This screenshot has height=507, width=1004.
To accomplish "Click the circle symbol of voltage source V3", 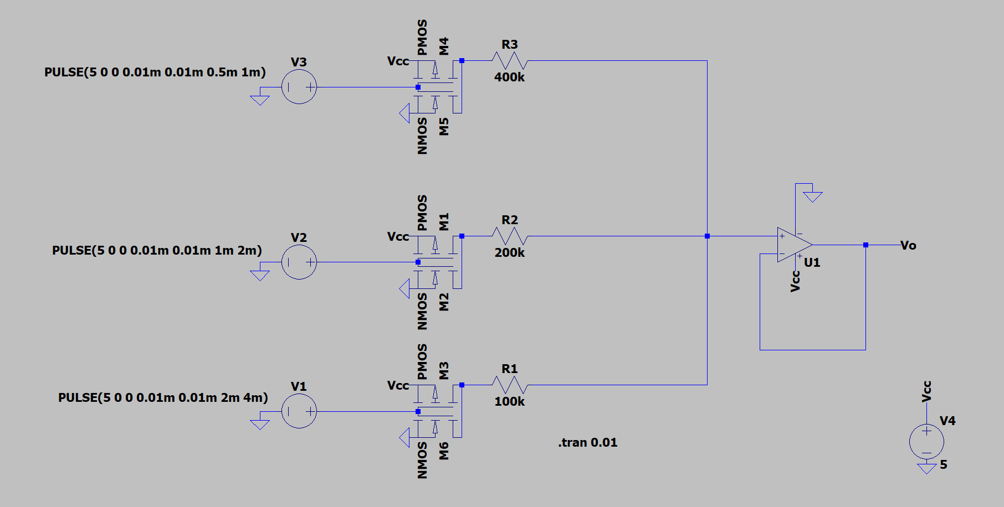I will point(299,87).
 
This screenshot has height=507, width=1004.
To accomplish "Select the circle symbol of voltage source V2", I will point(299,262).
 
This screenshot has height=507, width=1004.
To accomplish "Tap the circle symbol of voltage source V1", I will point(299,411).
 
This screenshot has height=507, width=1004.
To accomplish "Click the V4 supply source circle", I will point(926,441).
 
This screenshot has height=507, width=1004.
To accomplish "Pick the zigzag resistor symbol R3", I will point(509,60).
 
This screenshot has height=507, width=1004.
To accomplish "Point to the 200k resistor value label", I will point(509,252).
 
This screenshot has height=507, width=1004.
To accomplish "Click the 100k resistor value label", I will point(509,401).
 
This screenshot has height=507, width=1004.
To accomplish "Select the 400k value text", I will point(509,77).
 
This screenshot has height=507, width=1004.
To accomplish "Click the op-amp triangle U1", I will point(793,245).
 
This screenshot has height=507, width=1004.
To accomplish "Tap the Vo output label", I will point(908,245).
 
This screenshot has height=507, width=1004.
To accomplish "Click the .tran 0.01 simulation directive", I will point(587,442).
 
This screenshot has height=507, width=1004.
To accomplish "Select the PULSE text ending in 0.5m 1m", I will point(155,72).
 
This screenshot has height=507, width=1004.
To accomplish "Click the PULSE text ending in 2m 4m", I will point(163,397).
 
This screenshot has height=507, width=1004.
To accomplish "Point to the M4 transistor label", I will point(444,46).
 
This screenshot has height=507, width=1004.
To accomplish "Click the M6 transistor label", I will point(444,451).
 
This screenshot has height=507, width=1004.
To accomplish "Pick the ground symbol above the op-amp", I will point(812,196).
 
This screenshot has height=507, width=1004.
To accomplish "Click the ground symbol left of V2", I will point(259,275).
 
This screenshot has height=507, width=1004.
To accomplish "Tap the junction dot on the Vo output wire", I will point(865,245).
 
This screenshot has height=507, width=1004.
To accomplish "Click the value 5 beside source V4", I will point(943,464).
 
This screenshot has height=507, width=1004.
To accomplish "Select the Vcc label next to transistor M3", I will point(398,385).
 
